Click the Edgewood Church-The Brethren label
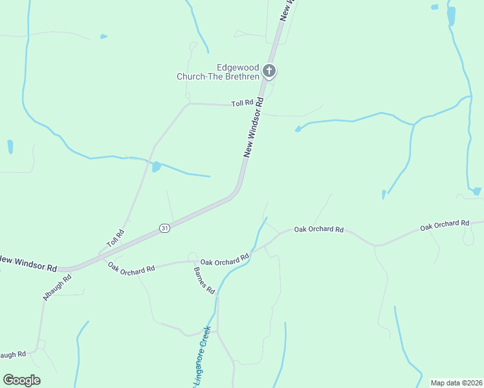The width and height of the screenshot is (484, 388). pyautogui.click(x=218, y=72)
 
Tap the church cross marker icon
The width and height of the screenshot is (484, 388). pyautogui.click(x=269, y=70)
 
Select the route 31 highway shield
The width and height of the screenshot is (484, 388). pyautogui.click(x=165, y=228)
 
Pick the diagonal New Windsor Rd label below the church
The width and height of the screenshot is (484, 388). pyautogui.click(x=254, y=127)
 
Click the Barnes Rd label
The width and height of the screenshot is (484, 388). pyautogui.click(x=204, y=281)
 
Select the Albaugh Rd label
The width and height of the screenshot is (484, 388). pyautogui.click(x=57, y=286)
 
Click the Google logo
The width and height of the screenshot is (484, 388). pyautogui.click(x=21, y=380)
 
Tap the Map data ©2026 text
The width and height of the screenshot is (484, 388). pyautogui.click(x=456, y=383)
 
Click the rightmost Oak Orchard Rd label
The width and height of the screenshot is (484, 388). pyautogui.click(x=444, y=225)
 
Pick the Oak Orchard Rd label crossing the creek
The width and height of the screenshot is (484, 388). pyautogui.click(x=225, y=260)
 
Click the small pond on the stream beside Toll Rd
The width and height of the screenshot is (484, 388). pyautogui.click(x=156, y=167)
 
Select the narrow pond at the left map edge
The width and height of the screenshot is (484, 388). pyautogui.click(x=10, y=147)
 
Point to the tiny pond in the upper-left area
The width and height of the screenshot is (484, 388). pyautogui.click(x=104, y=37)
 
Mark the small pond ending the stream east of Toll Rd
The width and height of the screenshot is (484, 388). pyautogui.click(x=298, y=129)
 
